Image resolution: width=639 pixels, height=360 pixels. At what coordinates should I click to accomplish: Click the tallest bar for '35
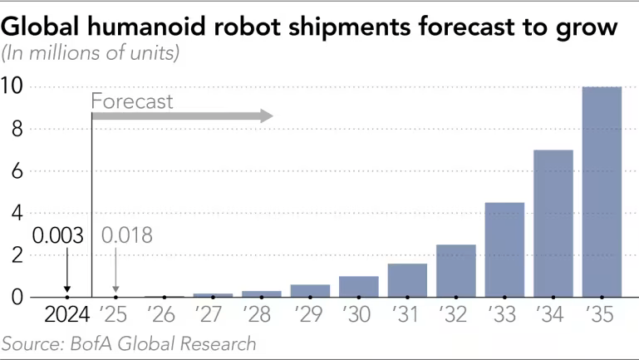602,192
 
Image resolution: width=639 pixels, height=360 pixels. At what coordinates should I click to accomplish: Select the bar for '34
553,224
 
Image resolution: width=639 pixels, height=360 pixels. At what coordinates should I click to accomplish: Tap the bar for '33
504,249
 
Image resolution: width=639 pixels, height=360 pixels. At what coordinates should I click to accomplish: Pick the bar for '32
456,271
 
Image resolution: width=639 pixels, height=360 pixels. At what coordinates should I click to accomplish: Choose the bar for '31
407,280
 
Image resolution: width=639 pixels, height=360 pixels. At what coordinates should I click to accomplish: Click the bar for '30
359,287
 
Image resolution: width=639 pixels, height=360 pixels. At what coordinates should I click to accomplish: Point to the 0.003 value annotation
58,235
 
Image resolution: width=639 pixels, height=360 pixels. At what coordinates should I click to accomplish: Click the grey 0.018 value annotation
126,235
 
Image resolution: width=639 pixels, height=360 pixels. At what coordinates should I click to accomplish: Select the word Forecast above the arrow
132,102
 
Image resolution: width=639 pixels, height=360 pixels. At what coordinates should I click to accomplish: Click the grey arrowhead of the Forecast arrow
266,116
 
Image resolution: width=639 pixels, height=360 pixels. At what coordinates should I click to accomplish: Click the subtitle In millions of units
91,54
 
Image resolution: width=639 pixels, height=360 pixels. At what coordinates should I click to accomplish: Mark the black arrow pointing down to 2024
66,270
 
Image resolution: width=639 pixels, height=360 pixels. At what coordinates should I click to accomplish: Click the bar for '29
310,290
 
